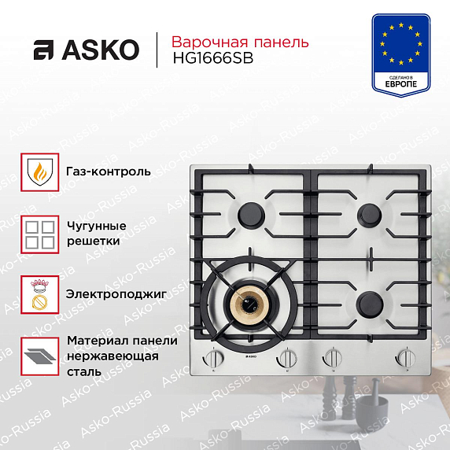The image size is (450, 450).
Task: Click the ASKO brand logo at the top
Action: click(x=87, y=50)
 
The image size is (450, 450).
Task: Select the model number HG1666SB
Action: click(x=213, y=58)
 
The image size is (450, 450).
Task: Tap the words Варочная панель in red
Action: click(x=240, y=42)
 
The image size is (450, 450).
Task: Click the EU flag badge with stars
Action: click(x=401, y=55)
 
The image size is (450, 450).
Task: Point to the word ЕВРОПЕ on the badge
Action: click(x=401, y=84)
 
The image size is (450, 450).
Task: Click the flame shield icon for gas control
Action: click(x=40, y=172)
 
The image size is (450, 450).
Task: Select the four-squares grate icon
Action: click(x=40, y=234)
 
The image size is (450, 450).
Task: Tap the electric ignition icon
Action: click(x=40, y=295)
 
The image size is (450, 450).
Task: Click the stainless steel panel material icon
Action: click(x=40, y=356)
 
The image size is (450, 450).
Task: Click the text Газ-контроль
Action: click(x=109, y=172)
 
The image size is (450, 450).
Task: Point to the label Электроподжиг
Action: click(x=116, y=294)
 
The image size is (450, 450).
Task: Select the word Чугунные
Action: click(x=97, y=226)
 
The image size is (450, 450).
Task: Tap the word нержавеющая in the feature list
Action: click(x=112, y=356)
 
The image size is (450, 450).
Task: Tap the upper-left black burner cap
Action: click(x=251, y=216)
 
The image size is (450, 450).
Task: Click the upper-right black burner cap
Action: click(x=370, y=215)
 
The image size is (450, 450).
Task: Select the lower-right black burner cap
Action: click(x=370, y=304)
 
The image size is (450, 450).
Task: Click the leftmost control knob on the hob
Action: click(x=213, y=358)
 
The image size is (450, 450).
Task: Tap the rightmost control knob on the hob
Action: click(x=405, y=358)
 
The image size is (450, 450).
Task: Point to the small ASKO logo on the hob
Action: click(x=250, y=357)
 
